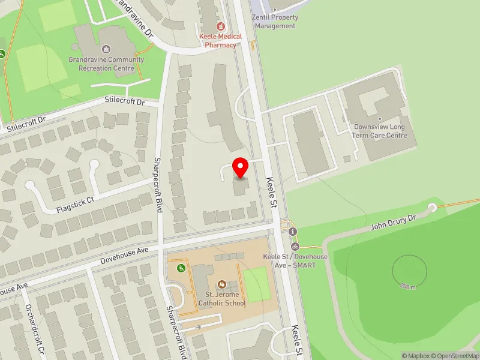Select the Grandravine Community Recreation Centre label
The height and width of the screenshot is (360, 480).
[106, 64]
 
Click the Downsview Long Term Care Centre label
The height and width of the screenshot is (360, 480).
[380, 131]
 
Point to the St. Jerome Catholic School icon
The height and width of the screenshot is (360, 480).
[221, 284]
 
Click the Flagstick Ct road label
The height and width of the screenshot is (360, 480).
[76, 205]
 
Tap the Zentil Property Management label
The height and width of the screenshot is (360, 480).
[275, 22]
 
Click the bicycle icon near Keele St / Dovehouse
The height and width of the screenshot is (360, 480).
[295, 246]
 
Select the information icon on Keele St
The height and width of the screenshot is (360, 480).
[292, 232]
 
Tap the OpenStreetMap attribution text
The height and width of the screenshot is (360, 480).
[456, 356]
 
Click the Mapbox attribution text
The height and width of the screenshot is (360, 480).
[415, 356]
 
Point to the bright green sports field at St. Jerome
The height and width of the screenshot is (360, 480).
[256, 284]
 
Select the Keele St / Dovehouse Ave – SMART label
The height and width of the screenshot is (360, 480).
[295, 260]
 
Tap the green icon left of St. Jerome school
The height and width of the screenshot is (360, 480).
[179, 268]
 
